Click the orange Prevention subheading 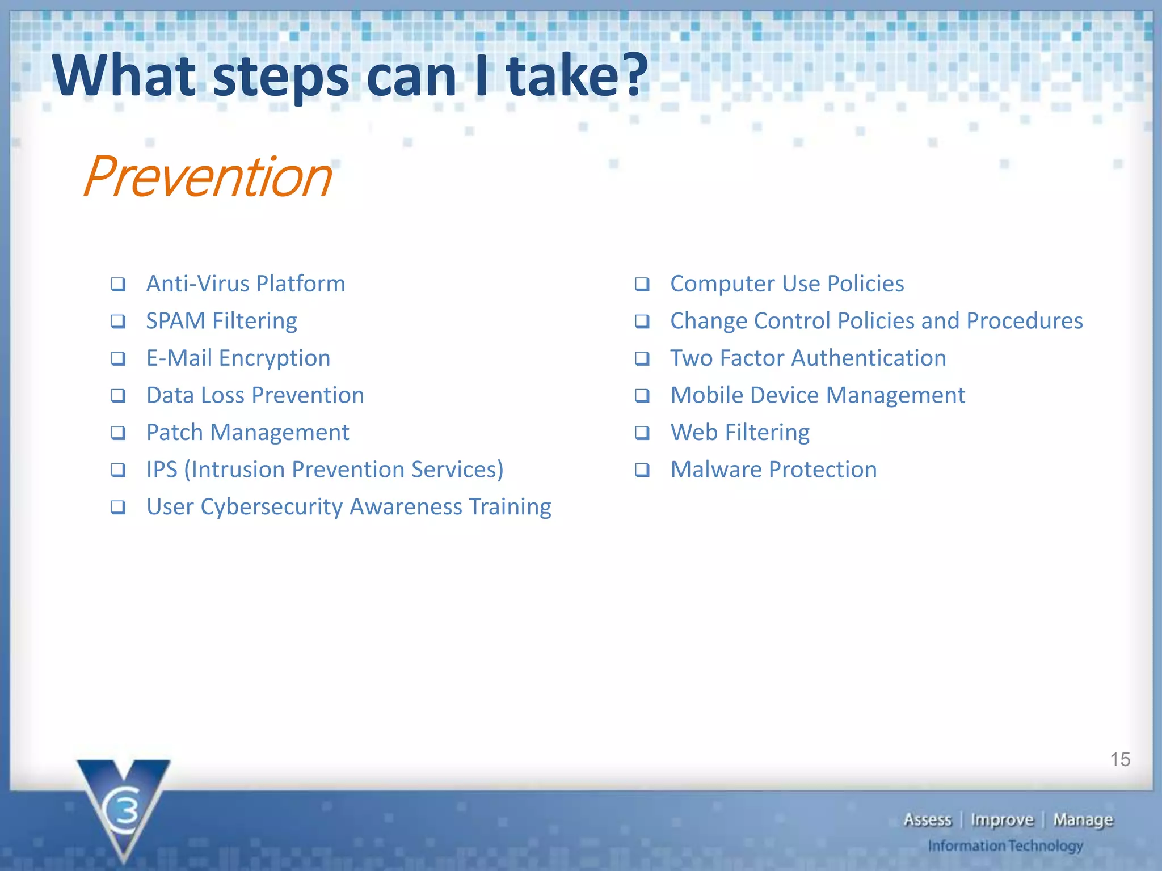pyautogui.click(x=208, y=177)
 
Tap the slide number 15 pyautogui.click(x=1119, y=759)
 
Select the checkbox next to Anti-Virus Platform pyautogui.click(x=118, y=284)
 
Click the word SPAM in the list pyautogui.click(x=175, y=321)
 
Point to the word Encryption pyautogui.click(x=275, y=358)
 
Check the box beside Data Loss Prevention pyautogui.click(x=118, y=396)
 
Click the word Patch pyautogui.click(x=175, y=433)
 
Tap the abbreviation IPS pyautogui.click(x=162, y=470)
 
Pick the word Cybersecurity pyautogui.click(x=272, y=507)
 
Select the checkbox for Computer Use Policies pyautogui.click(x=642, y=284)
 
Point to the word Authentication pyautogui.click(x=868, y=358)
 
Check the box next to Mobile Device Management pyautogui.click(x=642, y=396)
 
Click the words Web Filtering pyautogui.click(x=740, y=433)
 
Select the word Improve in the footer pyautogui.click(x=1002, y=820)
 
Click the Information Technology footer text pyautogui.click(x=1005, y=846)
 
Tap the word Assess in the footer pyautogui.click(x=927, y=820)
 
